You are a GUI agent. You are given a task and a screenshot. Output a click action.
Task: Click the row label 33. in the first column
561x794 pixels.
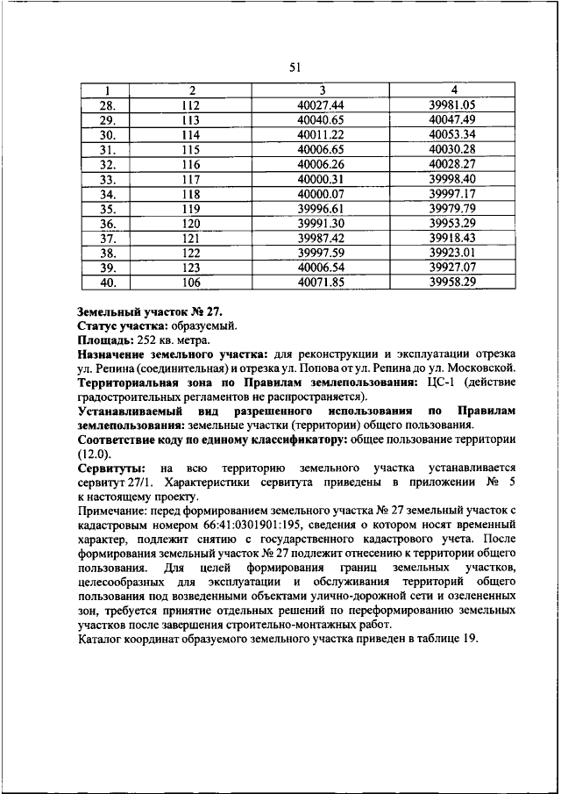[108, 179]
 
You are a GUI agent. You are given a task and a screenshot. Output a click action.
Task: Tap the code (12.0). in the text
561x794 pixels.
[95, 454]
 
